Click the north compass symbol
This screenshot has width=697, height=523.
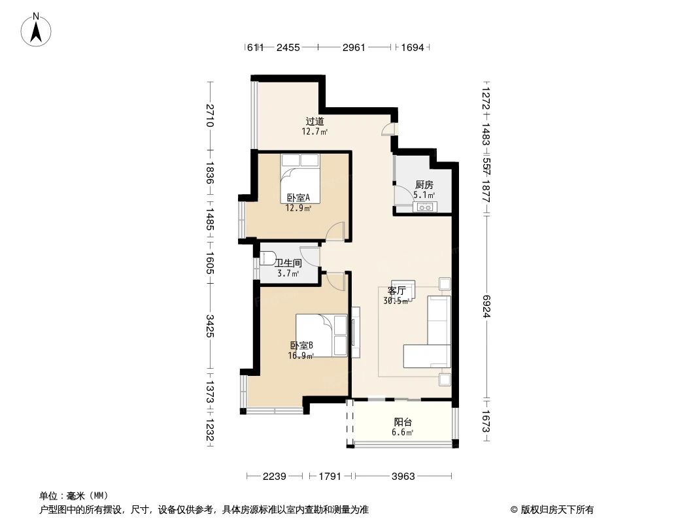tap(38, 29)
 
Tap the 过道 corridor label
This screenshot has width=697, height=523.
tap(314, 121)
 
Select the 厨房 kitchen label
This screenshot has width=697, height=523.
tap(424, 185)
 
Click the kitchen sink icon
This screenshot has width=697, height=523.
tap(426, 208)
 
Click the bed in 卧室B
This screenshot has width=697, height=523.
tap(321, 335)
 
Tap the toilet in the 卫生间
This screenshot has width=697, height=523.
tap(269, 258)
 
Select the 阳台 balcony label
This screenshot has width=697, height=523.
tap(403, 422)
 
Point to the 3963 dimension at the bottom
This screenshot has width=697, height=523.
tap(403, 477)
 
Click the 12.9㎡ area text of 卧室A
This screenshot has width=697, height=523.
tap(297, 209)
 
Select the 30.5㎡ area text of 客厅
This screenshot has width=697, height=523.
tap(397, 301)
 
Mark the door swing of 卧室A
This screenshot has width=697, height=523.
tap(335, 231)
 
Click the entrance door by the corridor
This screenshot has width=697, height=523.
tap(388, 129)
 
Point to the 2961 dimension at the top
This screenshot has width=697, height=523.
tap(354, 47)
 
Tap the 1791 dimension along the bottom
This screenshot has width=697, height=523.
tap(331, 477)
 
